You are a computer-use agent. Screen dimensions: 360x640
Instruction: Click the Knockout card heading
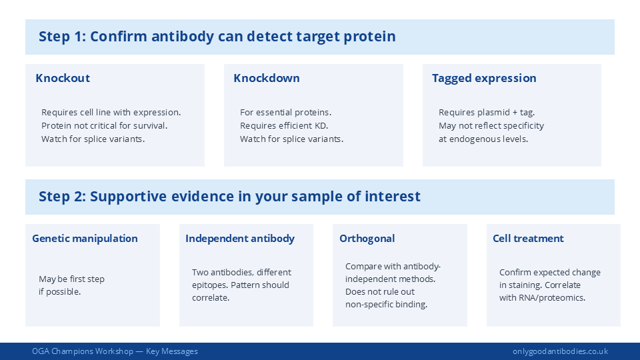coord(63,78)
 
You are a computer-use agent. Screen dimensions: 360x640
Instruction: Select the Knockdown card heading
coord(267,78)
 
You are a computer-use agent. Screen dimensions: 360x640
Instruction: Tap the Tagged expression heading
coord(484,78)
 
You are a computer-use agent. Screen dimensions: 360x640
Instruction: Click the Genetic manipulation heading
coord(85,238)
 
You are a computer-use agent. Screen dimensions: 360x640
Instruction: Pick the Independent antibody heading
coord(240,238)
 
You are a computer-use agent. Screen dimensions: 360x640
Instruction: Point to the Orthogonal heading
coord(367,238)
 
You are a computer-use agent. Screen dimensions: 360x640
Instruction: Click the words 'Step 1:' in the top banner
coord(62,37)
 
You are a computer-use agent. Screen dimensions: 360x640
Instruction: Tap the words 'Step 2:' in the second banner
coord(62,196)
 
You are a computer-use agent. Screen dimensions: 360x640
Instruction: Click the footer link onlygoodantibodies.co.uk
coord(560,351)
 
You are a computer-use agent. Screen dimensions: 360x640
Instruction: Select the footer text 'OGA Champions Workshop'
coord(82,351)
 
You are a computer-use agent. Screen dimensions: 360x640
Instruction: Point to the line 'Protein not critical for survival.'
coord(104,125)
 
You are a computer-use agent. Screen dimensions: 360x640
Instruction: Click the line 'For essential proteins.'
coord(285,112)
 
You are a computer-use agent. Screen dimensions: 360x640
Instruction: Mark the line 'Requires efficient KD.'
coord(284,125)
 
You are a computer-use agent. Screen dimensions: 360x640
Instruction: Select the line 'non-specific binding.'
coord(386,304)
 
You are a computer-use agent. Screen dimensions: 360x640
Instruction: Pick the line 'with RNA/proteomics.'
coord(542,297)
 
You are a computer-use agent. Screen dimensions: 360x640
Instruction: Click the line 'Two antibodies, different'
coord(241,272)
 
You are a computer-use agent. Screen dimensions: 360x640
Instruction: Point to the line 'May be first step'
coord(71,279)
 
